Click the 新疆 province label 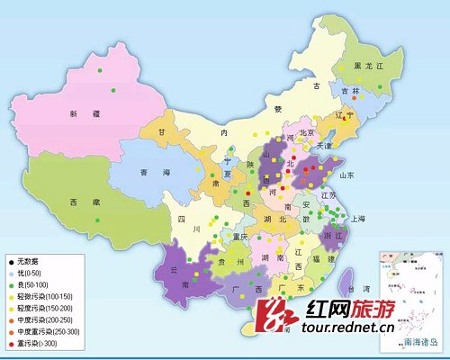coord(78,113)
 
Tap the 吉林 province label coord(350,92)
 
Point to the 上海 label coord(358,218)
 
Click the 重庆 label coord(238,236)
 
